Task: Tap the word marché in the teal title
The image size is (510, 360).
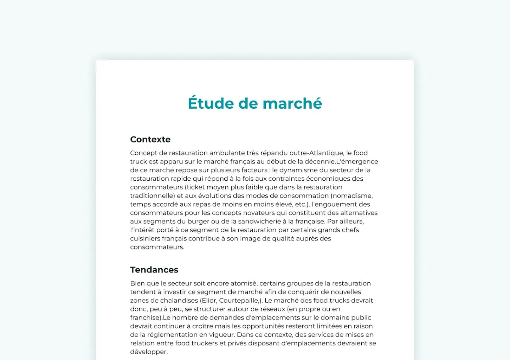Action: (292, 103)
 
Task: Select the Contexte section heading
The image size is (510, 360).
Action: (150, 140)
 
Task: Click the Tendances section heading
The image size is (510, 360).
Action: (154, 270)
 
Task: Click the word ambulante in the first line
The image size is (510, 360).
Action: (226, 153)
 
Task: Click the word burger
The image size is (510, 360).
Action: (198, 221)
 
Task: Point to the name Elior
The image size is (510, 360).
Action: (209, 301)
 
